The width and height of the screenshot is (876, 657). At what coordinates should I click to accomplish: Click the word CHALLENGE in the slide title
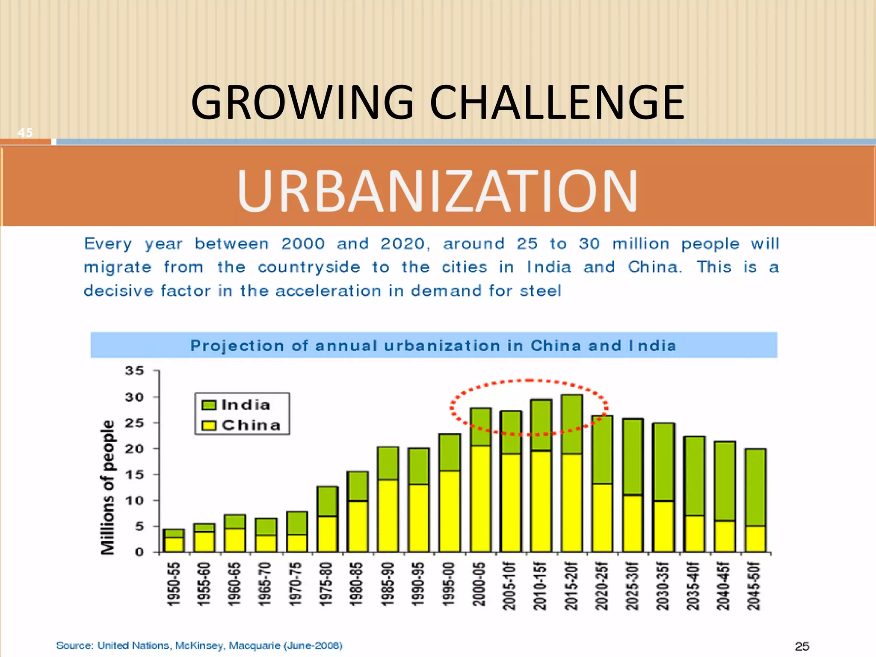556,103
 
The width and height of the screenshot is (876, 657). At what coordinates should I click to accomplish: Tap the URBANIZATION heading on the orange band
437,191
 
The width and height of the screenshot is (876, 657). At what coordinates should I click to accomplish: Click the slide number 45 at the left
25,133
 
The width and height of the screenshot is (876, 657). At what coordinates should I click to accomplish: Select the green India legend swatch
209,405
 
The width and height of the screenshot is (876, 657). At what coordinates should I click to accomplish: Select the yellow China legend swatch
209,425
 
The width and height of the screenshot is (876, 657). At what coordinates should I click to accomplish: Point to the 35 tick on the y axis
134,371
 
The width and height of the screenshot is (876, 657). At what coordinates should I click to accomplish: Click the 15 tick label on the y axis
134,475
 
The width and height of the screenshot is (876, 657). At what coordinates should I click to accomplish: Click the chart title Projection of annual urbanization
433,346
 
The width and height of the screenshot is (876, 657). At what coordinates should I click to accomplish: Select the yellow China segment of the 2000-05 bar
480,498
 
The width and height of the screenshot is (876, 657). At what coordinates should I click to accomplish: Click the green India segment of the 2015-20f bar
572,424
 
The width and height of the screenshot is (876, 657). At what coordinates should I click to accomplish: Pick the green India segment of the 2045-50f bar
755,487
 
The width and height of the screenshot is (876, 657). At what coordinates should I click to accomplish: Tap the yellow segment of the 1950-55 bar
174,544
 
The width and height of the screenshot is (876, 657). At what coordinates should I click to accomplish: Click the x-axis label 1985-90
388,584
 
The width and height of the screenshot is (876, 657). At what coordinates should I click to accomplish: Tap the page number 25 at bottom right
802,646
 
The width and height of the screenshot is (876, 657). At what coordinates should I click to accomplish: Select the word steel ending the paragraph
540,291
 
